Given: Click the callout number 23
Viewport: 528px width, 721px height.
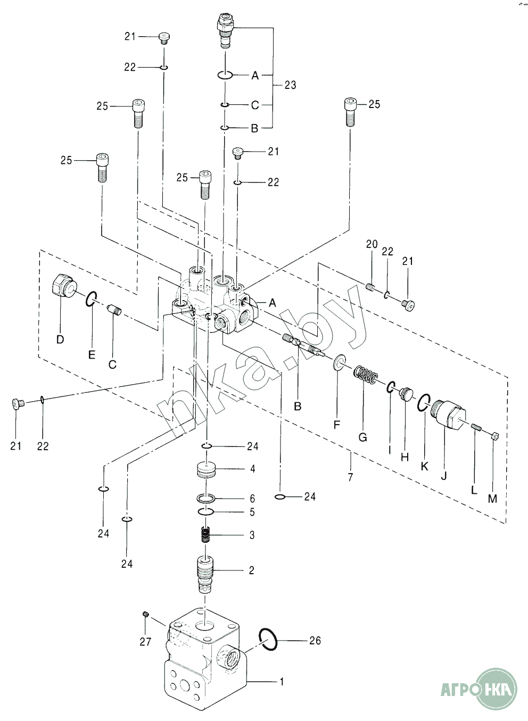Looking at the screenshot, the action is click(290, 85).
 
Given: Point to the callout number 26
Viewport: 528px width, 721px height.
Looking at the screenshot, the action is click(315, 641).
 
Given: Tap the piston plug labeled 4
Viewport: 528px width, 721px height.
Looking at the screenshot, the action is click(206, 470).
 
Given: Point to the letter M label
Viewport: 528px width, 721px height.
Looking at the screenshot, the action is click(492, 499).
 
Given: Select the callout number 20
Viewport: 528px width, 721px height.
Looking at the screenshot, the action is click(372, 244).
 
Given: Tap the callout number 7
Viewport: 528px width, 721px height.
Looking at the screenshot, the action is click(350, 477).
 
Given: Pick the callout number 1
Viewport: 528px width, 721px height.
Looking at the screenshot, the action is click(282, 682).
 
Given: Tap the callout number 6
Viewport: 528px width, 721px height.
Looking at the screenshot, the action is click(252, 499).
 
